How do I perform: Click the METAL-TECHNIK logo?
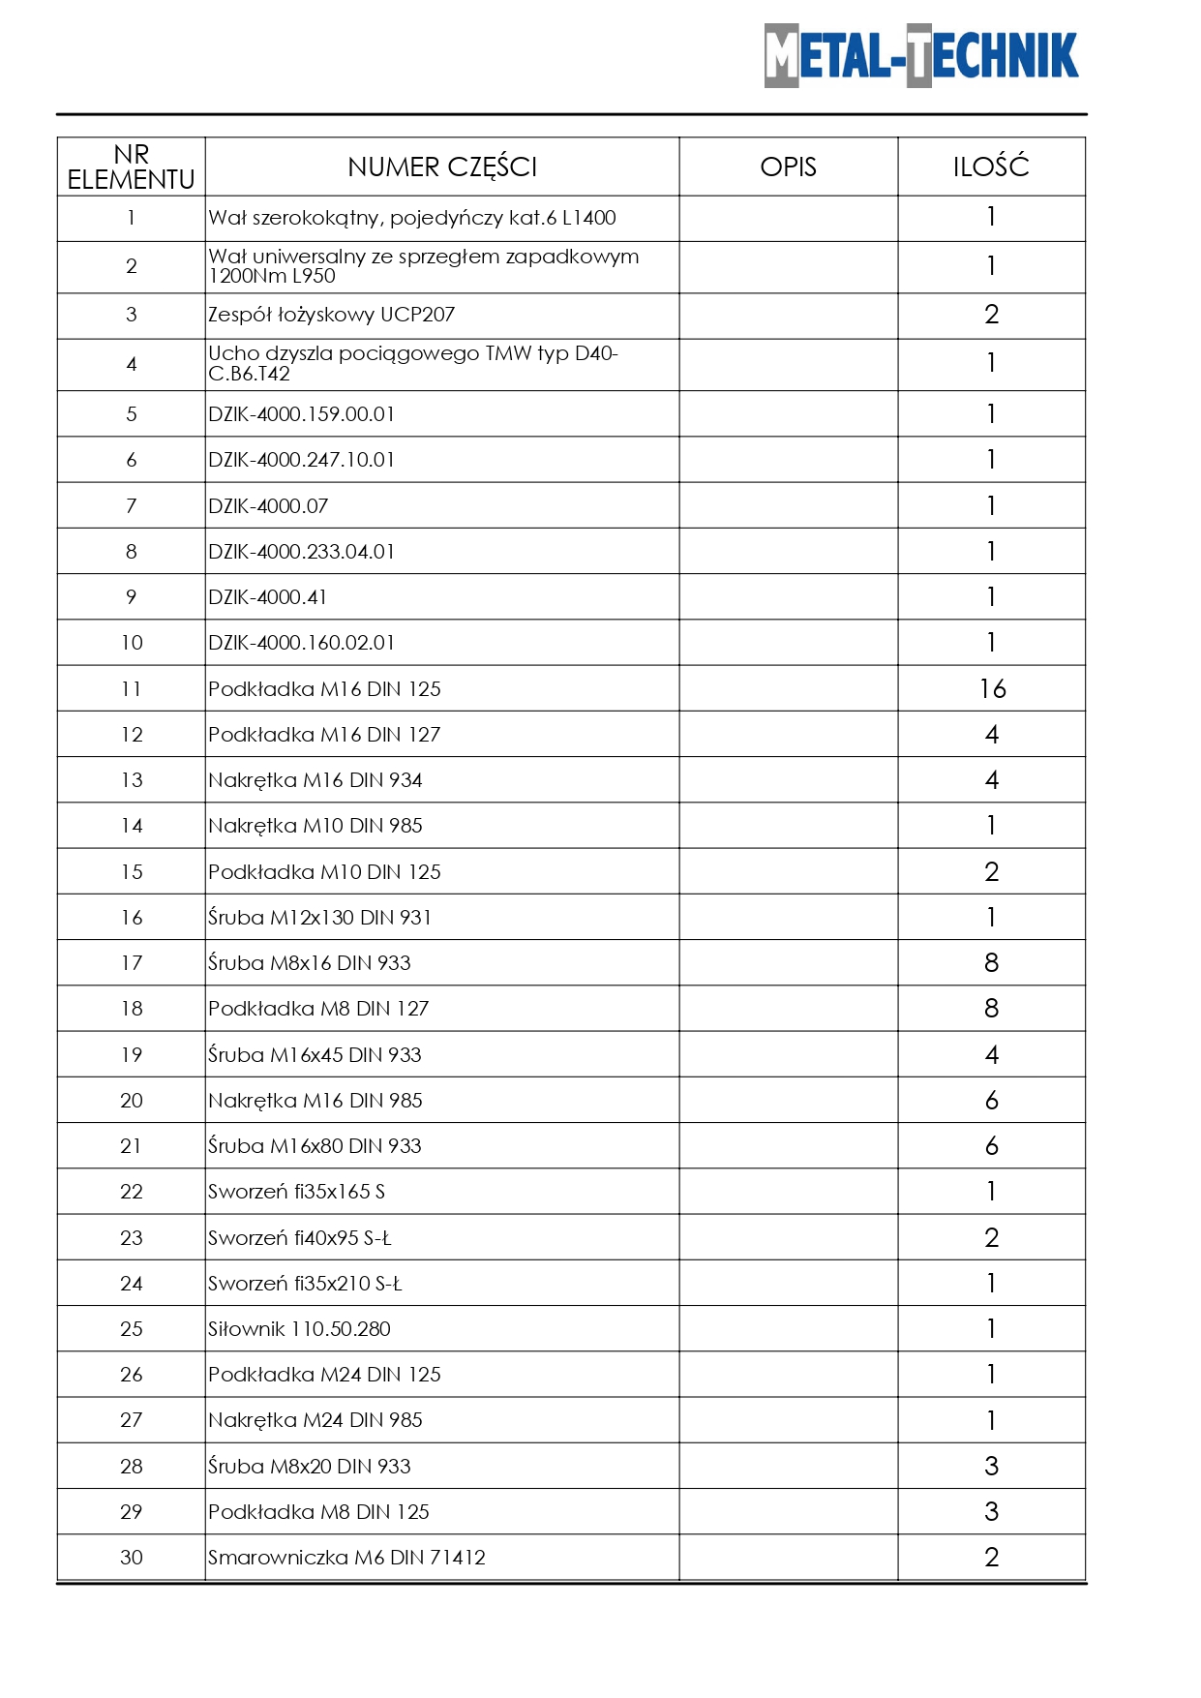pyautogui.click(x=920, y=56)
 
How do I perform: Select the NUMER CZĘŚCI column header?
pyautogui.click(x=442, y=167)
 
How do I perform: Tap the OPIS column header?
pyautogui.click(x=788, y=167)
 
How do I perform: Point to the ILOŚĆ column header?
pyautogui.click(x=991, y=167)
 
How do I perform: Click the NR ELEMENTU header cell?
pyautogui.click(x=132, y=167)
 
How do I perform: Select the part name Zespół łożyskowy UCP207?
pyautogui.click(x=331, y=315)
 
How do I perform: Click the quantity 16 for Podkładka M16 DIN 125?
pyautogui.click(x=992, y=688)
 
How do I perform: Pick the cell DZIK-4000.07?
pyautogui.click(x=268, y=506)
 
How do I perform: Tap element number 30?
pyautogui.click(x=132, y=1557)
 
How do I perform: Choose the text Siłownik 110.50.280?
pyautogui.click(x=299, y=1329)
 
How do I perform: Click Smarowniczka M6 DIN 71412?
pyautogui.click(x=346, y=1558)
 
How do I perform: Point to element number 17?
pyautogui.click(x=132, y=963)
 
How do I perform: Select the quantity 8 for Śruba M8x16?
pyautogui.click(x=991, y=963)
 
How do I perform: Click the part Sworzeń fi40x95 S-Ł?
pyautogui.click(x=300, y=1238)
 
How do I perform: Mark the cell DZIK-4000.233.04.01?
pyautogui.click(x=301, y=552)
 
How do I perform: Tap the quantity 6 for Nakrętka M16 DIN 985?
pyautogui.click(x=991, y=1101)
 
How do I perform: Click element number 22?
pyautogui.click(x=132, y=1192)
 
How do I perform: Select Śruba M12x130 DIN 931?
pyautogui.click(x=319, y=918)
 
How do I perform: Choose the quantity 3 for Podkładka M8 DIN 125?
pyautogui.click(x=991, y=1512)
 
